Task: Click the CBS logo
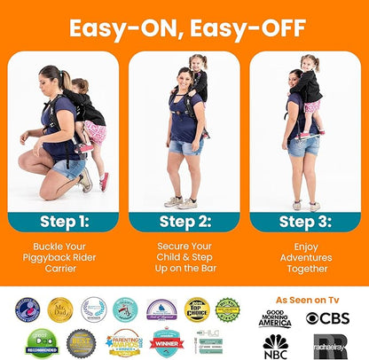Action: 327,317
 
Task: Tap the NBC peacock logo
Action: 275,345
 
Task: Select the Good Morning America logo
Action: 274,318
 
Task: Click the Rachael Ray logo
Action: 329,345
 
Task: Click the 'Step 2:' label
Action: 184,222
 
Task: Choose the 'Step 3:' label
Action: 304,222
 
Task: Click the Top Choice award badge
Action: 196,309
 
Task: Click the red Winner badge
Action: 166,342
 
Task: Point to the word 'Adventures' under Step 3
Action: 304,256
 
